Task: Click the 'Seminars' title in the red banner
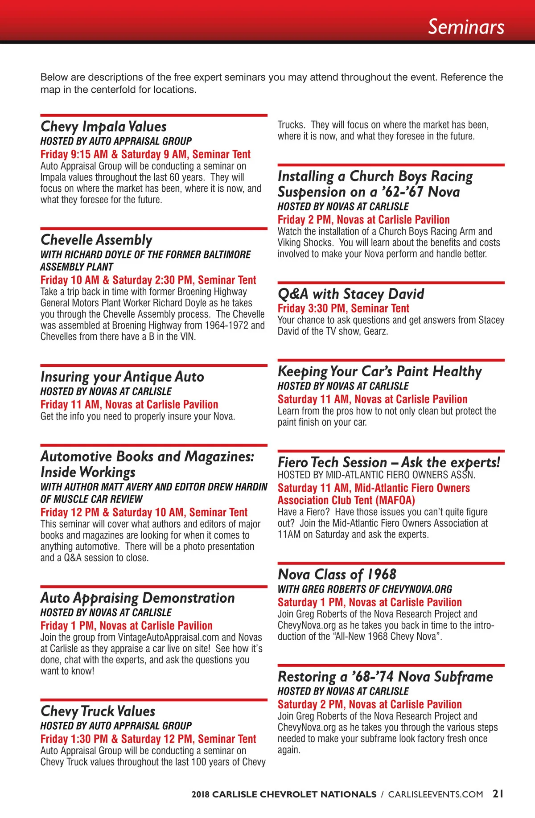(466, 27)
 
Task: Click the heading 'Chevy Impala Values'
(103, 127)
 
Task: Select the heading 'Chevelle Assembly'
(96, 240)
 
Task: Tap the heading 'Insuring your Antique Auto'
(122, 377)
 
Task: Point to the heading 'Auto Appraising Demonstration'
(137, 598)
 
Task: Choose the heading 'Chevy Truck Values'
(98, 711)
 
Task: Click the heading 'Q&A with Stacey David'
(350, 294)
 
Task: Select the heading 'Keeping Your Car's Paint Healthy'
(379, 372)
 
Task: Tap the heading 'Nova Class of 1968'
(337, 575)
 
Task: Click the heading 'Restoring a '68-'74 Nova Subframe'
(385, 677)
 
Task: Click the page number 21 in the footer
(498, 794)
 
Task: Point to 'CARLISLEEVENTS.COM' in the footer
(436, 794)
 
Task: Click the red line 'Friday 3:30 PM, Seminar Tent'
(343, 308)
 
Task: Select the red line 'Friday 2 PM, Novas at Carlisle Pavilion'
(363, 220)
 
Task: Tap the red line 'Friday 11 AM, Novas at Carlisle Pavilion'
(129, 405)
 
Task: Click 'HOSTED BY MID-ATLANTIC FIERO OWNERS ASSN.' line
(376, 475)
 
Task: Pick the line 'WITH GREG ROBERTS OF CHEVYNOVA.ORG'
(365, 589)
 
